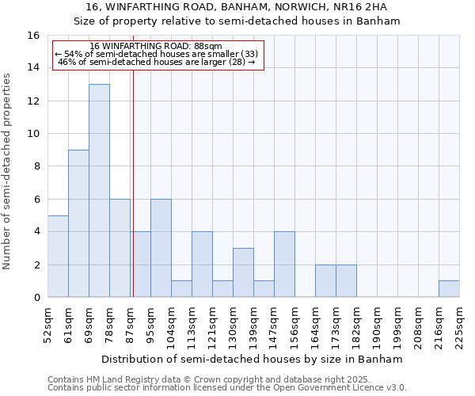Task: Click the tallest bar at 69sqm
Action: click(x=99, y=190)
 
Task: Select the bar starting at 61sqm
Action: click(x=78, y=223)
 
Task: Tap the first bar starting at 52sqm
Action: click(x=58, y=256)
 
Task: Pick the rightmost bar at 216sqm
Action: click(x=449, y=289)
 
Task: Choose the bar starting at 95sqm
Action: click(x=161, y=248)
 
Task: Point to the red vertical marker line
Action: click(x=133, y=182)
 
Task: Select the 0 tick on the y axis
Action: click(x=36, y=298)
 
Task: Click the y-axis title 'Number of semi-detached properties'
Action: click(x=8, y=171)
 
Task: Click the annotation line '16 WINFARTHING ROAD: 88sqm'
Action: click(x=156, y=47)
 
